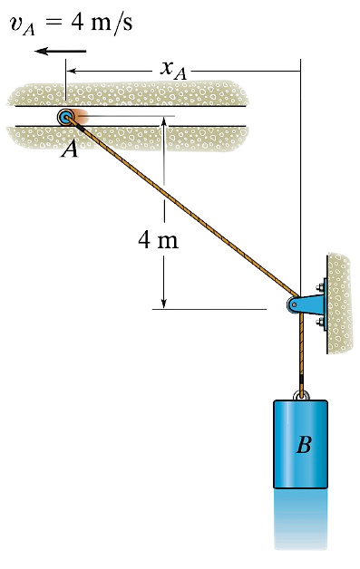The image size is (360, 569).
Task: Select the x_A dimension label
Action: (175, 67)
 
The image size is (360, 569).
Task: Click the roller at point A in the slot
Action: (67, 117)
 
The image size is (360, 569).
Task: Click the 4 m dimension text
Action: (159, 240)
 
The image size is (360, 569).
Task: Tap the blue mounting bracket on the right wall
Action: (315, 306)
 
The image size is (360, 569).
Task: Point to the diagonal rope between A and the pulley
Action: (181, 211)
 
